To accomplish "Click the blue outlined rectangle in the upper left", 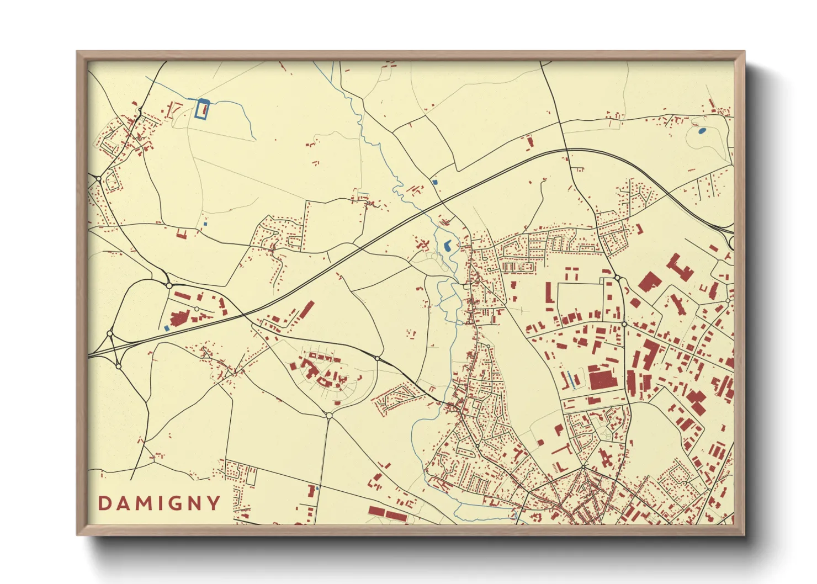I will click(x=202, y=109).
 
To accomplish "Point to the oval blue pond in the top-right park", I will click(x=702, y=131).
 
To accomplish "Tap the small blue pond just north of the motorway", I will click(x=435, y=182).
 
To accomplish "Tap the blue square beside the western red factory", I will click(x=167, y=328).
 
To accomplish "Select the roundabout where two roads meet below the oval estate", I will click(x=329, y=415).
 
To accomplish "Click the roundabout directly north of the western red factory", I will click(x=169, y=285).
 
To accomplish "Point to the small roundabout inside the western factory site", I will click(x=197, y=309).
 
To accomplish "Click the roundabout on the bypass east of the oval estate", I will click(x=377, y=358).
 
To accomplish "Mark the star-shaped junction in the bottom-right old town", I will click(x=583, y=467).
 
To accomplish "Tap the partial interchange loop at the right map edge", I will click(x=731, y=242).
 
